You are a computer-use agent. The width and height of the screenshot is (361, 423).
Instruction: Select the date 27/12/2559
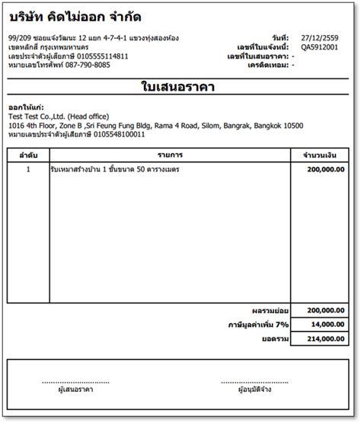[x=320, y=37]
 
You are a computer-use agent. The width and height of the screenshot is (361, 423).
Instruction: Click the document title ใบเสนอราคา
[x=178, y=86]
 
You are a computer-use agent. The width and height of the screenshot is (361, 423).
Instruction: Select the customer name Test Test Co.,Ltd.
[x=35, y=116]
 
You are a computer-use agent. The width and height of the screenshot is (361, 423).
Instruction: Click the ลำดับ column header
[x=28, y=155]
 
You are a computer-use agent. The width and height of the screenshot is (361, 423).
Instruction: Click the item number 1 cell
[x=28, y=169]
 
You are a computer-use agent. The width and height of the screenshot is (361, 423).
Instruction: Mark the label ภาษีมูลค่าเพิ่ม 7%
[x=258, y=324]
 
